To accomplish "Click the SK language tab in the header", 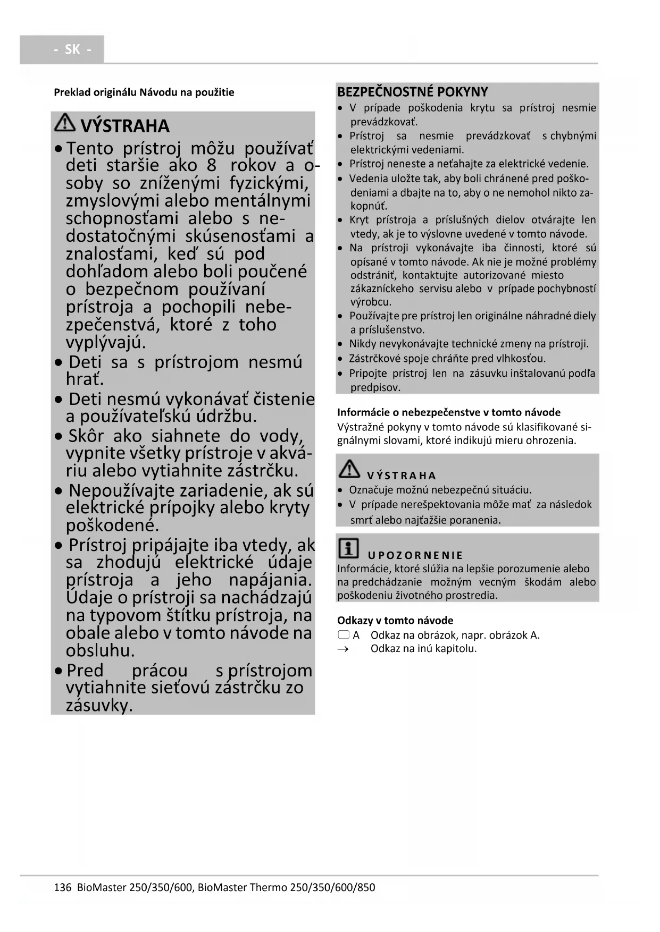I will coord(72,49).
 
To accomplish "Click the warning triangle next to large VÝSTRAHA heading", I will coord(65,123).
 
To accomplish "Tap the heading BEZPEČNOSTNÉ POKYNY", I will coord(412,91).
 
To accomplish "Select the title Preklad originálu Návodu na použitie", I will coord(144,92).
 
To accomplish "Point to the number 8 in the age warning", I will coord(211,165).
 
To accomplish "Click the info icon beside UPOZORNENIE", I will coord(348,548).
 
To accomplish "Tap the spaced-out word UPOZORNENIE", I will coord(415,556).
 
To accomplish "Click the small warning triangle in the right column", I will coord(349,468).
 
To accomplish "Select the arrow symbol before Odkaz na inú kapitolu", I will coord(343,649).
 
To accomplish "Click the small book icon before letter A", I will coord(344,635).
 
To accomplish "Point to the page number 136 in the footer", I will coord(62,887).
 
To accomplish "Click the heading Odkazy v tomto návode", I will coord(395,620).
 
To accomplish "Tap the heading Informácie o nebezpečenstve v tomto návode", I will coord(448,412).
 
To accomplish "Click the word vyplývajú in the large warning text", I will coord(105,342).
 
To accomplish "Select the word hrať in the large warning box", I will coord(85,379).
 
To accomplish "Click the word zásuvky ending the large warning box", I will coord(99,706).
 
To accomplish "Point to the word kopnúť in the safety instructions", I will coord(369,206).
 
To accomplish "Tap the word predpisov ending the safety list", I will coord(375,387).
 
